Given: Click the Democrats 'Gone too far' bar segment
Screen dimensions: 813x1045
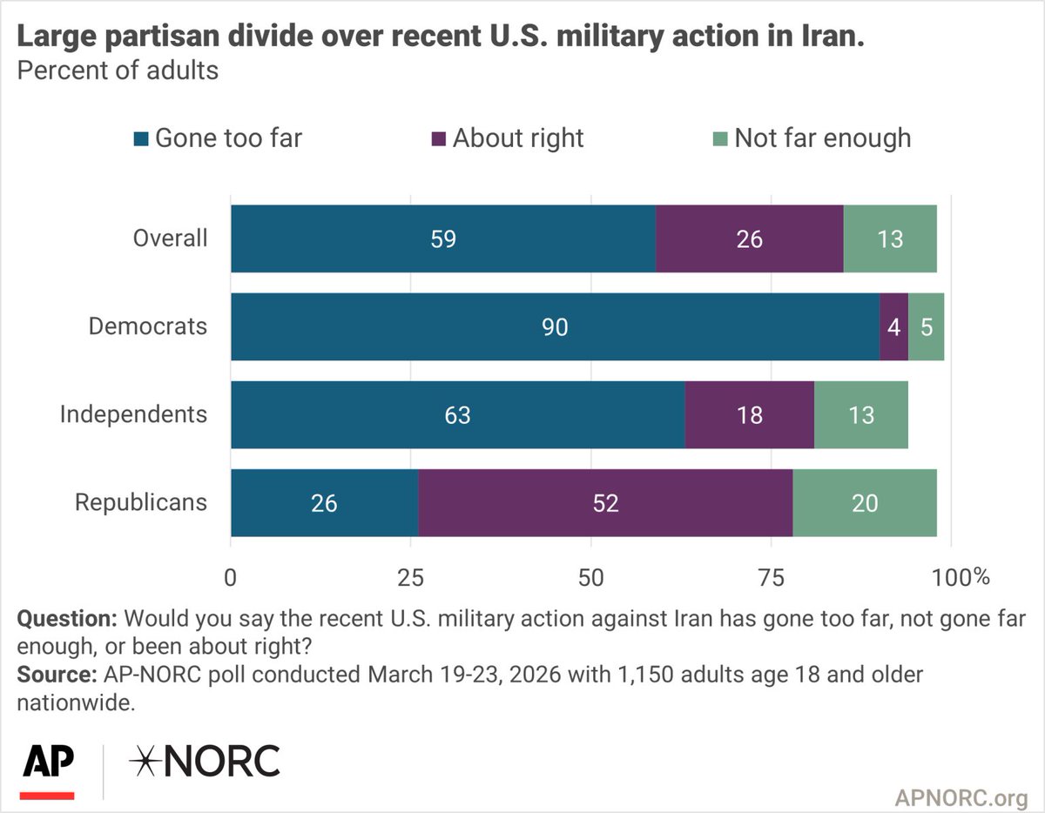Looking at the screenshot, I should coord(555,326).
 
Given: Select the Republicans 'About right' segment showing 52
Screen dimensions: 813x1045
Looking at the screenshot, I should coord(605,503).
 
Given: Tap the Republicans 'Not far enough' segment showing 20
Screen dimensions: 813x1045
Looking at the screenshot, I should coord(865,503).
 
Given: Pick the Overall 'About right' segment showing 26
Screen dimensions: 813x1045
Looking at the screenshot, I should coord(749,239).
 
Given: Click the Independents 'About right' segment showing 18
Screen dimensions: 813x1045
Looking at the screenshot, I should coord(749,414).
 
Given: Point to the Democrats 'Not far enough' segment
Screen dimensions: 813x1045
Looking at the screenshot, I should coord(927,326).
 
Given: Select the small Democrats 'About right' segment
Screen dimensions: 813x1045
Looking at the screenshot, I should coord(894,326).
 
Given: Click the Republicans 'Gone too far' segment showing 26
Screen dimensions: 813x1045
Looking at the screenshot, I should coord(324,503).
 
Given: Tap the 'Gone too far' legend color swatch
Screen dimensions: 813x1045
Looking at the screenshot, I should coord(141,138).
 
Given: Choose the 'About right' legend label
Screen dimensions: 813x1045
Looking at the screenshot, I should coord(518,138).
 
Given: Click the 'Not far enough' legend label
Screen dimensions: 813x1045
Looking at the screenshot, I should coord(822,138).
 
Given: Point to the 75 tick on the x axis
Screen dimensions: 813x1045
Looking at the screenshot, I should coord(772,576).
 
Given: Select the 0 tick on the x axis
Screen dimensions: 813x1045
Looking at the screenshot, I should coord(231,576).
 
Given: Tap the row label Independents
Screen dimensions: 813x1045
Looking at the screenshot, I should coord(133,414).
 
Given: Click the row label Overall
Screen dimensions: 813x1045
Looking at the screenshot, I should coord(170,239).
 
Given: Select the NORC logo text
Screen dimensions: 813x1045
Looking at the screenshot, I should coord(205,762).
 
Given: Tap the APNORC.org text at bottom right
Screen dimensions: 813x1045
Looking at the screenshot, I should coord(961,796).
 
